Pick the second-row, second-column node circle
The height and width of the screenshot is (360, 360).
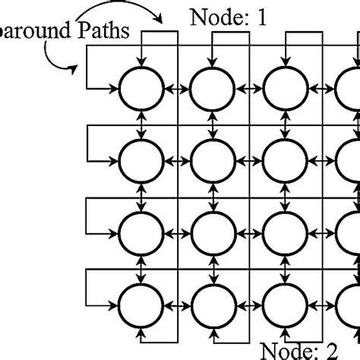tap(213, 160)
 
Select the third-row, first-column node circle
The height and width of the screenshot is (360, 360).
tap(141, 232)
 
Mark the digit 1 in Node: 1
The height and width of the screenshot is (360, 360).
tap(261, 17)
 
